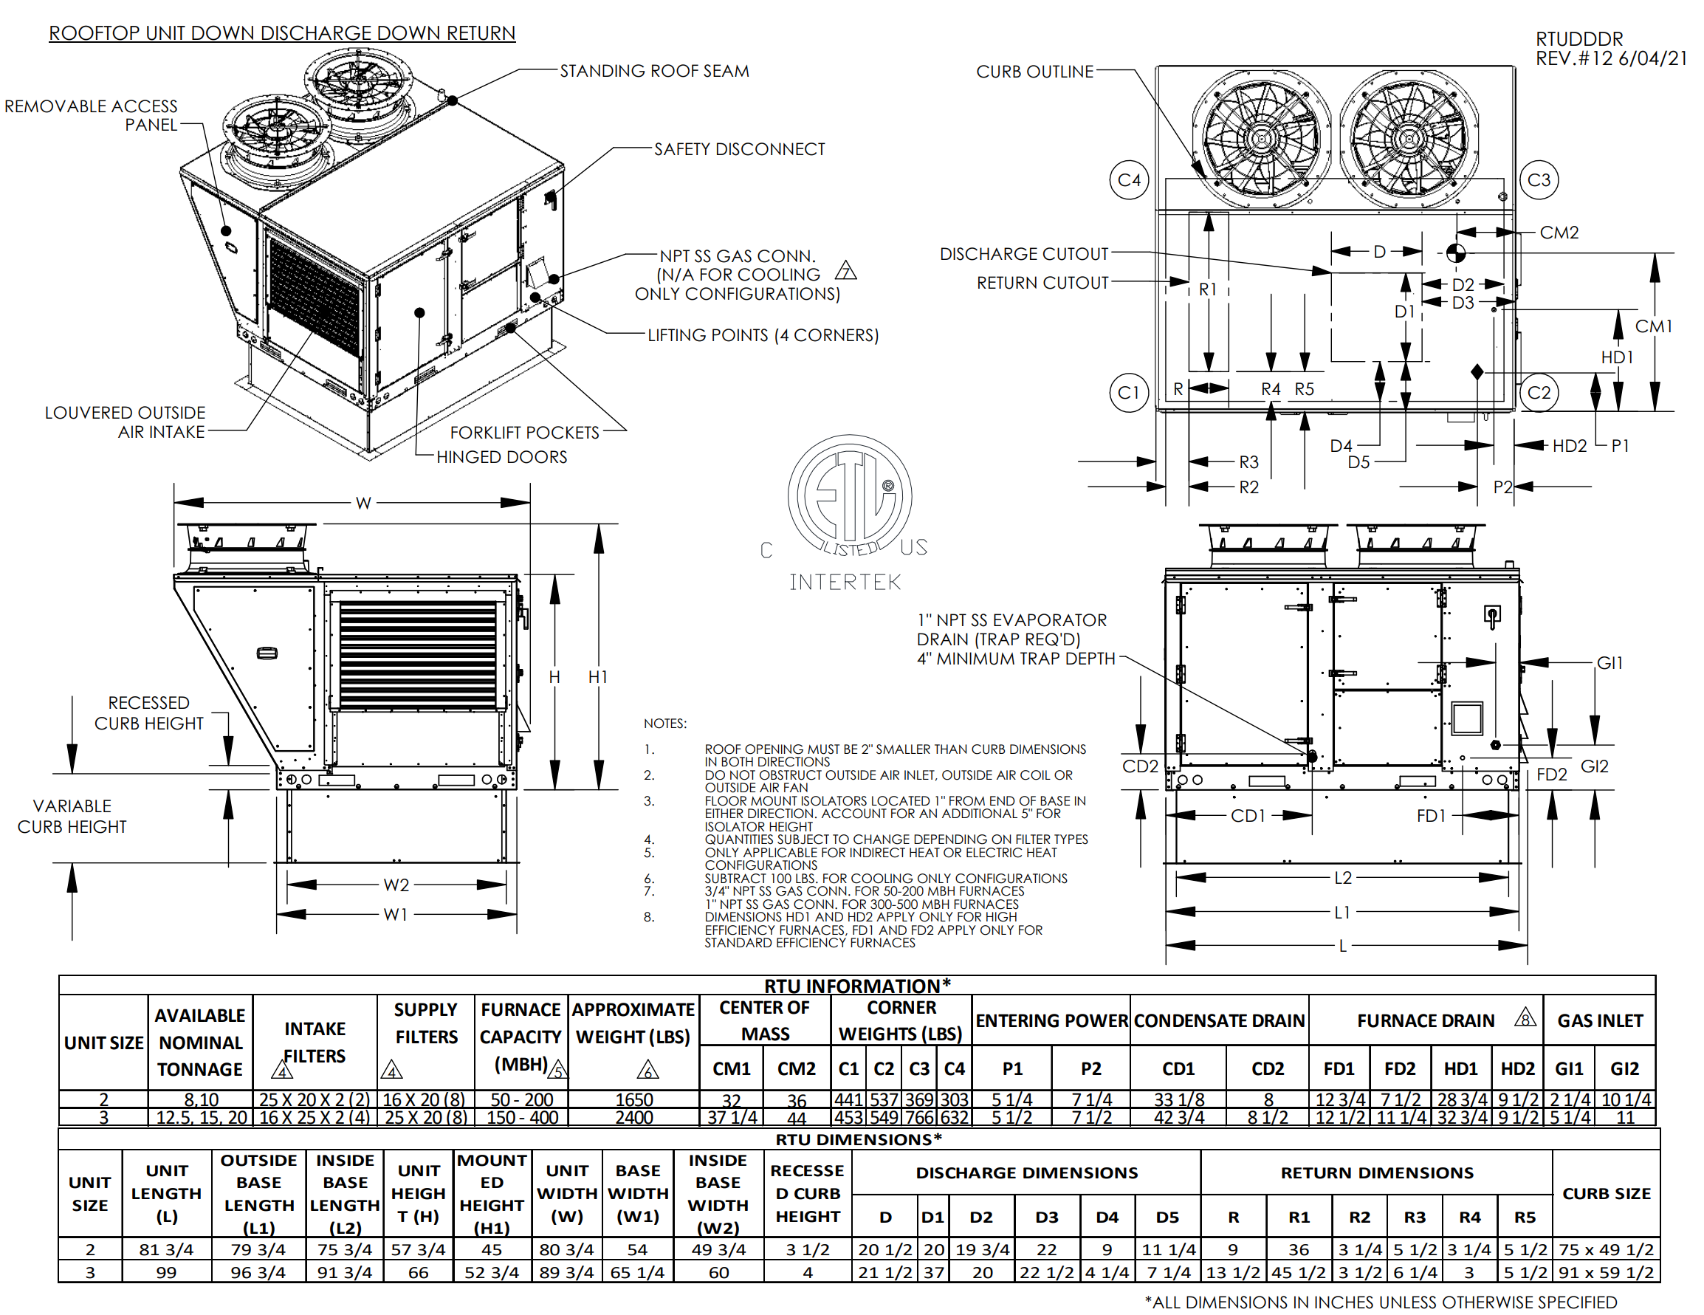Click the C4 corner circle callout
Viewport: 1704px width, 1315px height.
click(1128, 180)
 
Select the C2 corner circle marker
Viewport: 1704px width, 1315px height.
click(1538, 393)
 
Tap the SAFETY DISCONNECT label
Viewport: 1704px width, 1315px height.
click(738, 149)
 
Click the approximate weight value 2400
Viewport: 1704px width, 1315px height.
click(633, 1118)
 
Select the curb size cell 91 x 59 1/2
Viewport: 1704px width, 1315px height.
click(1606, 1272)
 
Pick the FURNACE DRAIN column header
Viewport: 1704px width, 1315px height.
click(1426, 1021)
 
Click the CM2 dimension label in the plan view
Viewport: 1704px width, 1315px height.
click(1559, 233)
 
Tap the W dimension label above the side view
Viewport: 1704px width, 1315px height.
click(363, 504)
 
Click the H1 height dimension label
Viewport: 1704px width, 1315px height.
click(597, 677)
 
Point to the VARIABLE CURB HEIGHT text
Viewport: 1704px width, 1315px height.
click(72, 817)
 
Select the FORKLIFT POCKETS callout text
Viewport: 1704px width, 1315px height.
click(524, 433)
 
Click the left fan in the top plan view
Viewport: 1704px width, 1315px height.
click(1260, 139)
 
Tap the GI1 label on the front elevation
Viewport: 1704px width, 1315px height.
click(1609, 663)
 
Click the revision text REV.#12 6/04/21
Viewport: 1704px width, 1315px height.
click(1610, 58)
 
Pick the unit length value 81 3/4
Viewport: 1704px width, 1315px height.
click(166, 1249)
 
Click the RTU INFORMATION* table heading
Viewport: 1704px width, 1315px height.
click(856, 986)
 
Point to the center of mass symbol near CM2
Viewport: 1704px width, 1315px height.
click(1455, 253)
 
